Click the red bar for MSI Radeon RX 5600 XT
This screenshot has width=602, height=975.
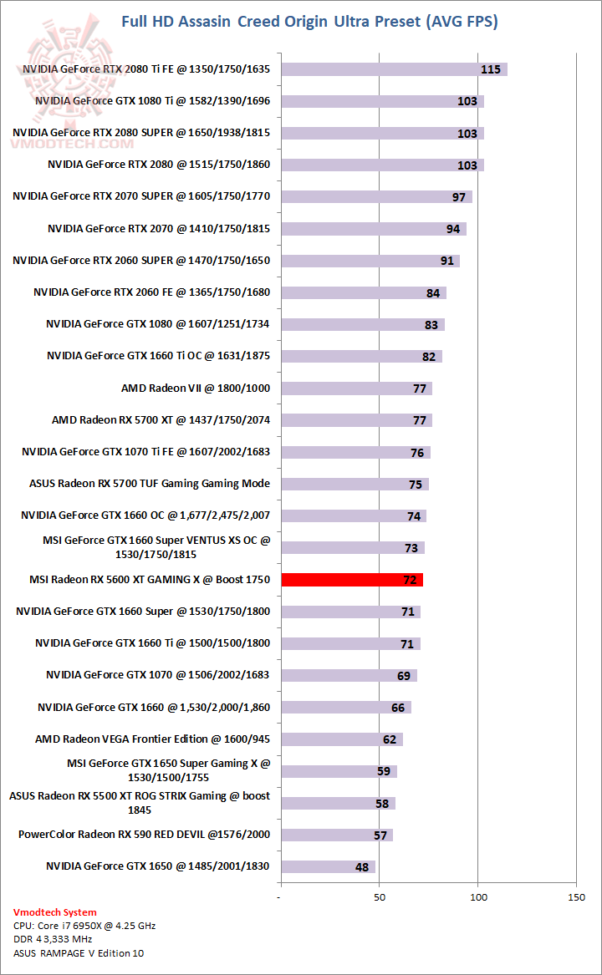point(352,580)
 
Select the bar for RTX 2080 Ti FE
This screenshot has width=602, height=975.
point(394,69)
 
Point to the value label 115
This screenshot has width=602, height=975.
point(491,69)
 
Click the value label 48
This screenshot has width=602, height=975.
point(362,867)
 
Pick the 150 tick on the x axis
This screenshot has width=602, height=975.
point(576,897)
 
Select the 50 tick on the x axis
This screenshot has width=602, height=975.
point(380,897)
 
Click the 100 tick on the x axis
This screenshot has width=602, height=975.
point(478,897)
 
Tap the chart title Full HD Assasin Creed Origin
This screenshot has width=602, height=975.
point(309,22)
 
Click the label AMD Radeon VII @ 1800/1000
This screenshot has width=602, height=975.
point(196,388)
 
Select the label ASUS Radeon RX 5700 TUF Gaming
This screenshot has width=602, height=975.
point(150,484)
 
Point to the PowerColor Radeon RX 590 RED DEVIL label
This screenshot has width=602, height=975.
point(144,835)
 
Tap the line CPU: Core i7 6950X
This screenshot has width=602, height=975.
point(84,926)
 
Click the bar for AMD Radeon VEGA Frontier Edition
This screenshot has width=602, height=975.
point(342,739)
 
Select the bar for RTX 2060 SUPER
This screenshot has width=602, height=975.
point(370,261)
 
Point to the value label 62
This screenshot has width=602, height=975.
point(390,739)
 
